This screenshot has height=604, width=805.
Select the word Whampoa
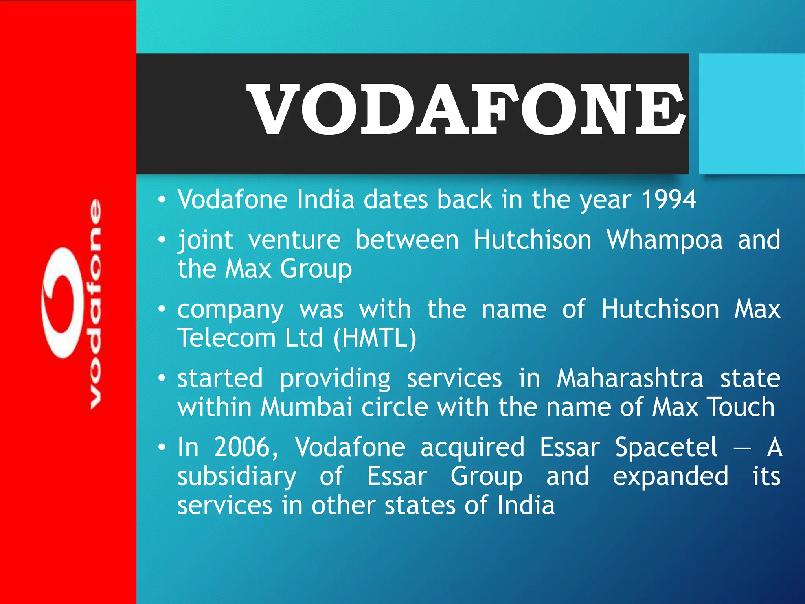coord(664,240)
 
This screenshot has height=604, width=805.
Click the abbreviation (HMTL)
coord(375,338)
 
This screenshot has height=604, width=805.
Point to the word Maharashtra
coord(630,378)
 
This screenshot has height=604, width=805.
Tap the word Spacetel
coord(666,447)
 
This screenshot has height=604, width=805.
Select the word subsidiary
coord(237,477)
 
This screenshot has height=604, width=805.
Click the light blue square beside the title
coord(752,114)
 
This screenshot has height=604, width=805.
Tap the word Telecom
coord(226,338)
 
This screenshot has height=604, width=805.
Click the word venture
coord(294,240)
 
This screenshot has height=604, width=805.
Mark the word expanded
coord(670,477)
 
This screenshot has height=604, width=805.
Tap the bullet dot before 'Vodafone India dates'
coord(162,200)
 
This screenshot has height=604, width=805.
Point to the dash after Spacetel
coord(742,447)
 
